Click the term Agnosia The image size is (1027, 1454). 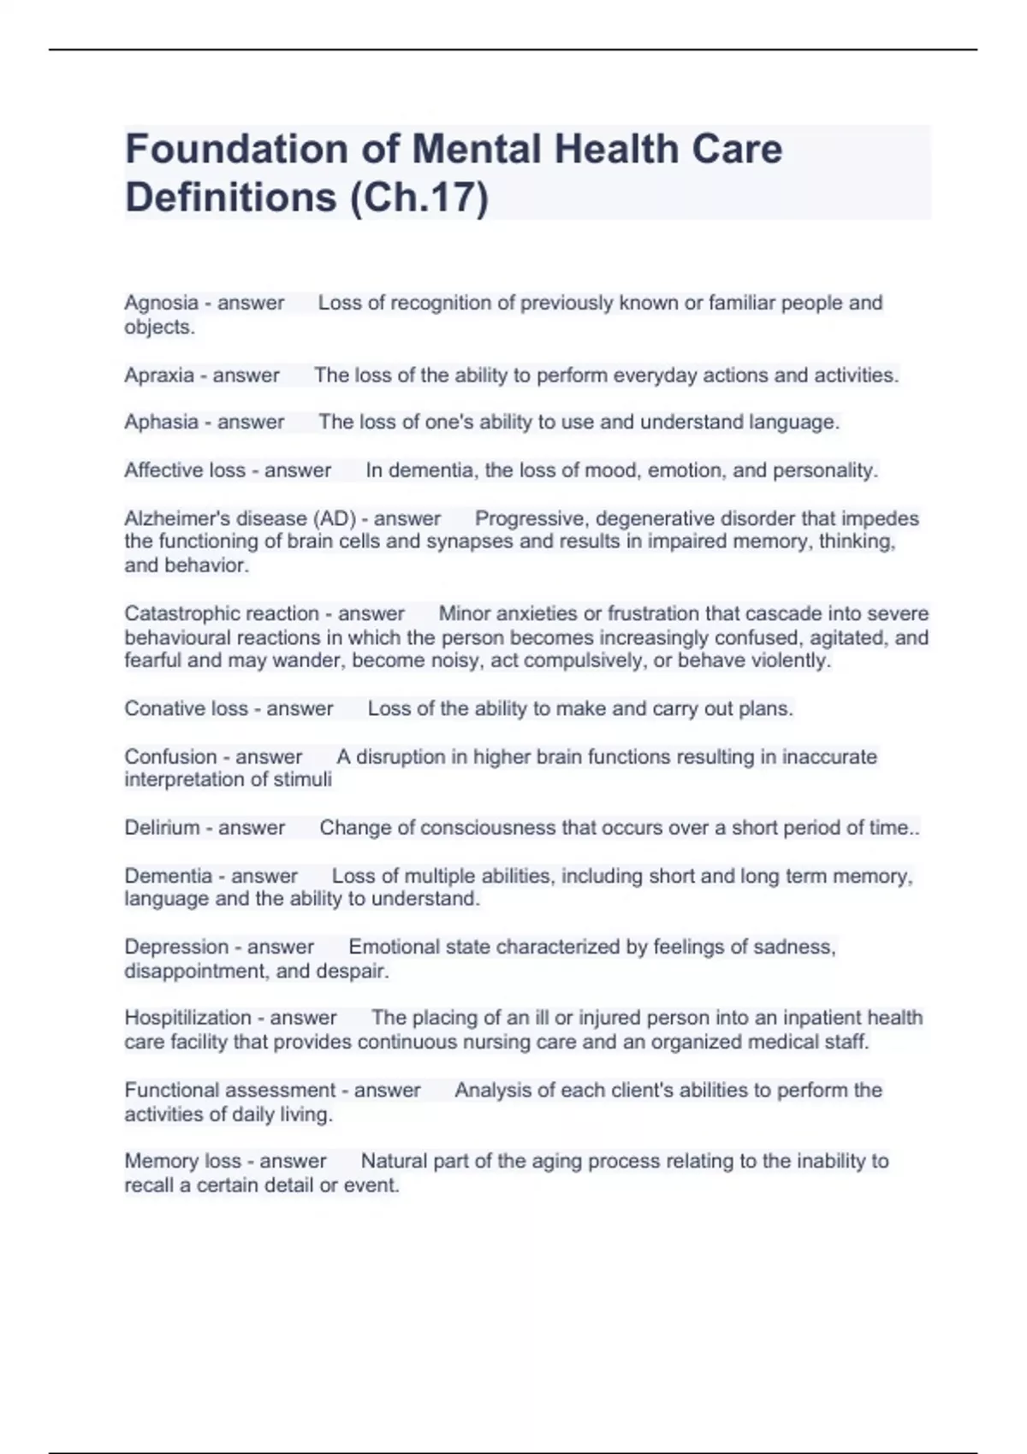161,303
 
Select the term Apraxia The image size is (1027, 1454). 159,375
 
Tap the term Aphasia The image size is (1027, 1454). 161,423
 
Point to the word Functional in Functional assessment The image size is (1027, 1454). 171,1090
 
